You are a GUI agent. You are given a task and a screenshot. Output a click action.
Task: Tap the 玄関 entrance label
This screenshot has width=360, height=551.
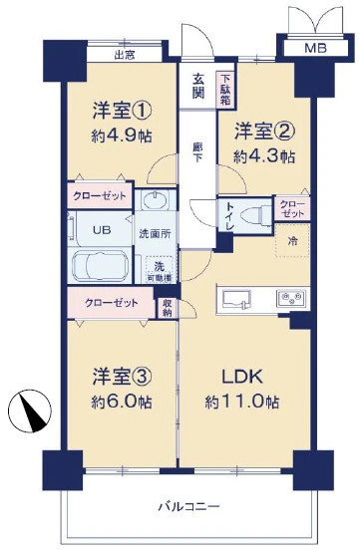(198, 87)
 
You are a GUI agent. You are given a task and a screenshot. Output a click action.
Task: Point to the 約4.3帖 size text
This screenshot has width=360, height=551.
(264, 156)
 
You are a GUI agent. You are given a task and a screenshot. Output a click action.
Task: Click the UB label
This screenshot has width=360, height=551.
(102, 229)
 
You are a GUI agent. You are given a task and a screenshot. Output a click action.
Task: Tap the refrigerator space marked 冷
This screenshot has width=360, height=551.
(292, 240)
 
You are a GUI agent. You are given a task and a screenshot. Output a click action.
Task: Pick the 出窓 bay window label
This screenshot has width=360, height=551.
(125, 55)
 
